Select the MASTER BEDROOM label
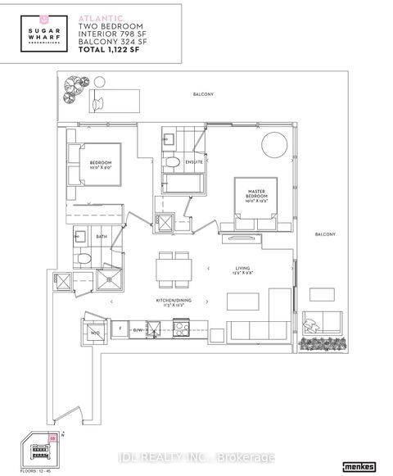tap(255, 195)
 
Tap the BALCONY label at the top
tap(204, 95)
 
